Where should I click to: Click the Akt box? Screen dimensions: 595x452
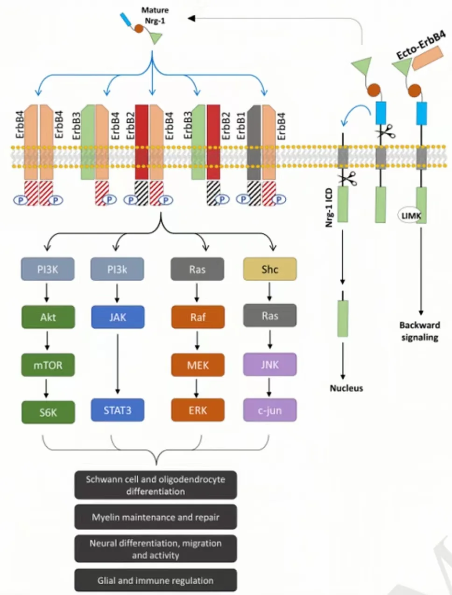point(48,318)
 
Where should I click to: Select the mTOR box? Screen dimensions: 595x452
point(48,365)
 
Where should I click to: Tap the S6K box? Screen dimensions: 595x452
point(48,412)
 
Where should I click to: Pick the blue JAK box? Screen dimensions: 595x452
point(118,317)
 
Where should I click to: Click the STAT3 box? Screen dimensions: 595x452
point(118,410)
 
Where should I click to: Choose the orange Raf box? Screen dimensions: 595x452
point(198,317)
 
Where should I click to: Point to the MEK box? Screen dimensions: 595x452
point(198,365)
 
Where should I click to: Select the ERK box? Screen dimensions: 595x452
point(198,410)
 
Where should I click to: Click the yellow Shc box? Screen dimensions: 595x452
point(270,269)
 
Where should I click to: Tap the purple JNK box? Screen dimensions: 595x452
point(270,364)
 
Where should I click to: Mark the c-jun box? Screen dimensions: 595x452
point(270,410)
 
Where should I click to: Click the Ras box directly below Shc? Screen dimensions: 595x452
point(270,316)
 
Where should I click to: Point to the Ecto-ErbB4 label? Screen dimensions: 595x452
point(420,45)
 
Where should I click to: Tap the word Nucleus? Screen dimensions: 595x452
point(346,388)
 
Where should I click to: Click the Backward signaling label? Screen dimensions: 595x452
point(419,331)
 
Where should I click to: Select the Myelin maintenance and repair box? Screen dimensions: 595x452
point(155,517)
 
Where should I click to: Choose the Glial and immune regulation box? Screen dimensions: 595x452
point(155,581)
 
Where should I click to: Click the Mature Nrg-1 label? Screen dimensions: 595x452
point(155,15)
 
